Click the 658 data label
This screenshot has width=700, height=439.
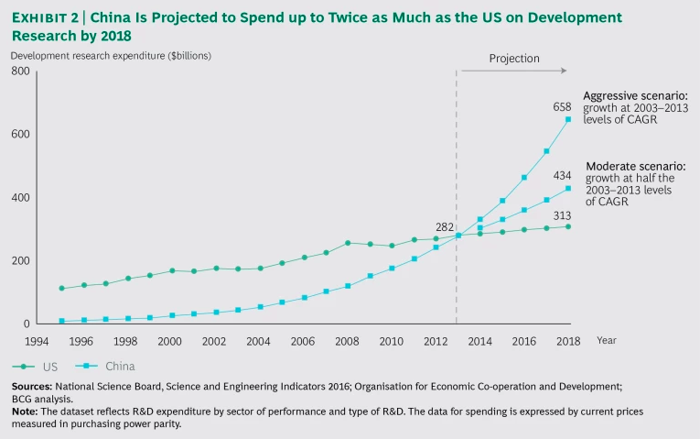[562, 107]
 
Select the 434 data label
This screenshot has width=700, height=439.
[562, 175]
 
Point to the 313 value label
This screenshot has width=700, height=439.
[562, 214]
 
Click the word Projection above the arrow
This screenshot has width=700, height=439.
[514, 58]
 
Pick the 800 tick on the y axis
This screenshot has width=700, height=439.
[20, 71]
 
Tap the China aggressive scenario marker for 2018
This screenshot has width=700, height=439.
[568, 119]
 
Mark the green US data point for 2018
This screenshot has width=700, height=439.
[568, 226]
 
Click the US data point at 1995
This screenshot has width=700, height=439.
[61, 289]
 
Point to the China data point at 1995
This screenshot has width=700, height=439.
[61, 322]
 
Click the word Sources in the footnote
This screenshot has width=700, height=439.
[30, 389]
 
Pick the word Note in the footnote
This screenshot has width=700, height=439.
[24, 412]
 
